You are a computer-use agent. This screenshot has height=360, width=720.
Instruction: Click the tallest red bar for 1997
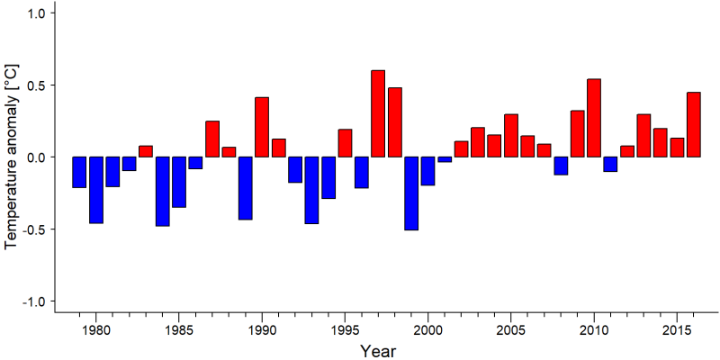[x=378, y=113]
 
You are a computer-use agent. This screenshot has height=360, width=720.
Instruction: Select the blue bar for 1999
[x=411, y=193]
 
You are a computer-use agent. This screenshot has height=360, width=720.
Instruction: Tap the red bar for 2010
[x=594, y=118]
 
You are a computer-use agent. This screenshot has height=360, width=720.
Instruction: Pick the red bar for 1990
[x=262, y=127]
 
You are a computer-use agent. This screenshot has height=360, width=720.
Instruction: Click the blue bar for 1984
[x=162, y=192]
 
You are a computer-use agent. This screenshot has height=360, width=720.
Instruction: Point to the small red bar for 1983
[x=146, y=151]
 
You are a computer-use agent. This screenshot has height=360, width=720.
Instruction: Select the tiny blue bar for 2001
[x=445, y=159]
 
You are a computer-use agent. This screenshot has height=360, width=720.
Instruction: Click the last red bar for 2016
[x=693, y=124]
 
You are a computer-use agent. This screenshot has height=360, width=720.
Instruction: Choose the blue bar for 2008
[x=561, y=166]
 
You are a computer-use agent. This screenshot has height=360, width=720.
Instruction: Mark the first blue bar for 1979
[x=79, y=172]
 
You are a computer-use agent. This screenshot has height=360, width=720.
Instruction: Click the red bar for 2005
[x=510, y=136]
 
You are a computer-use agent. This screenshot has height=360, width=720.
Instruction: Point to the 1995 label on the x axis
[x=345, y=330]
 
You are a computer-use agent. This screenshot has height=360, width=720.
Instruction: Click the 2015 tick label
[x=677, y=330]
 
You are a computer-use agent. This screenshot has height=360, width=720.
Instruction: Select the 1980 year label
[x=95, y=330]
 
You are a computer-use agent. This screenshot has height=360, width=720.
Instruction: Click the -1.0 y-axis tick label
[x=33, y=301]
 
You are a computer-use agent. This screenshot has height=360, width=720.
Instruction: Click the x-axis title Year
[x=377, y=351]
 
